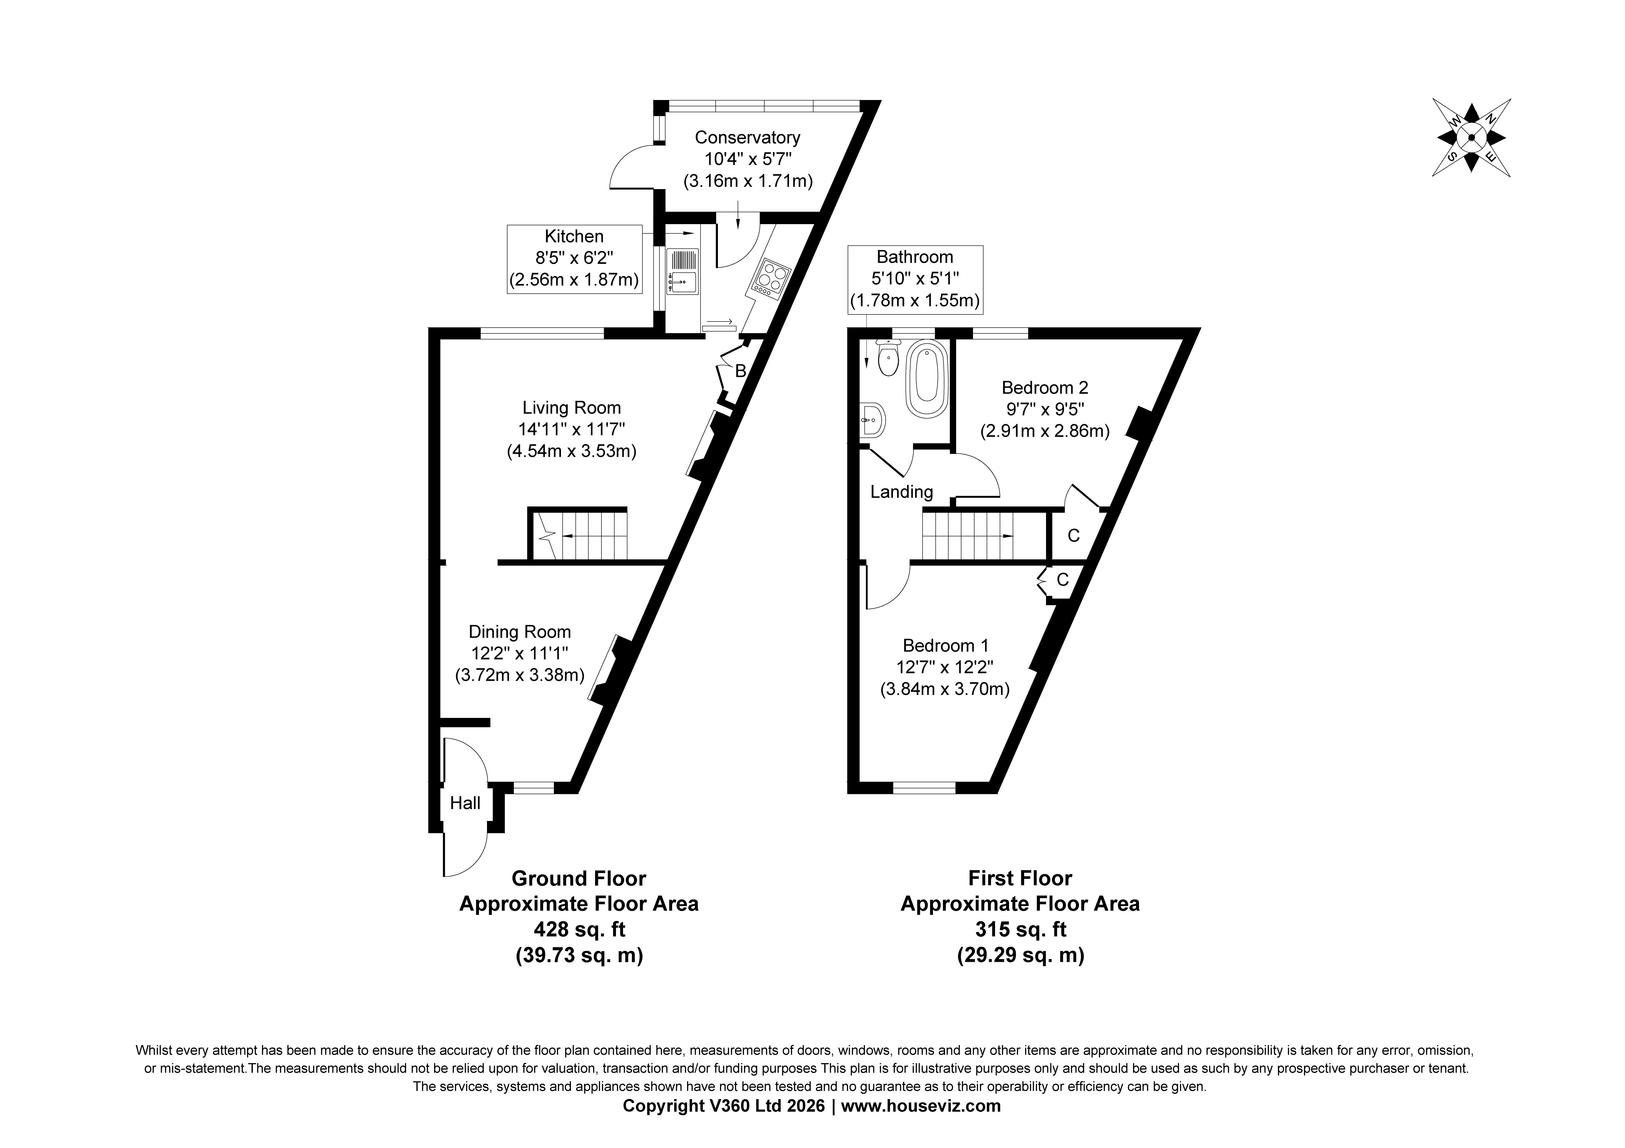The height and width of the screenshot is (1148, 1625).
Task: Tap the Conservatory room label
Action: pyautogui.click(x=748, y=137)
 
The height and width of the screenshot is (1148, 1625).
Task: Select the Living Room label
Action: pyautogui.click(x=572, y=408)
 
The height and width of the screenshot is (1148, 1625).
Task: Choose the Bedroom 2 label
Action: pyautogui.click(x=1045, y=388)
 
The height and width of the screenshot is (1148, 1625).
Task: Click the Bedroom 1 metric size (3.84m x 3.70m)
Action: pyautogui.click(x=945, y=689)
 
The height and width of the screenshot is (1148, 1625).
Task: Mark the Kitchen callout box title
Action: pyautogui.click(x=574, y=236)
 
